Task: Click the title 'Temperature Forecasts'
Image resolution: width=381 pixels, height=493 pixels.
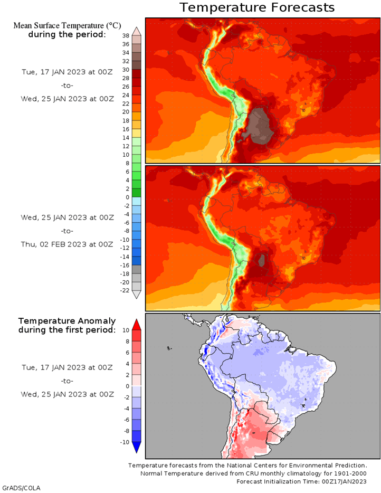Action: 257,7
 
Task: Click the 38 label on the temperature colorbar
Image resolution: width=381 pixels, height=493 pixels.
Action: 126,36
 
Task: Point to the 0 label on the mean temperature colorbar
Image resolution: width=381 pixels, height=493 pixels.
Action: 127,197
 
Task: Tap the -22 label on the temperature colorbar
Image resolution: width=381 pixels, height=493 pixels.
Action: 125,290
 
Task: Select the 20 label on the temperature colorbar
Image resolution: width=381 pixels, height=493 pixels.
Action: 126,112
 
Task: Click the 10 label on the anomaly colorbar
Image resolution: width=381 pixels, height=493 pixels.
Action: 126,330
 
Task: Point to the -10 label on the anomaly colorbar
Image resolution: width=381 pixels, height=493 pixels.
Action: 125,442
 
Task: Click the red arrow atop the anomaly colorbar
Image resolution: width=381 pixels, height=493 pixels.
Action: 136,325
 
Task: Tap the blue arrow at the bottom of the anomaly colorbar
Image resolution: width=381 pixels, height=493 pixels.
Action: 136,448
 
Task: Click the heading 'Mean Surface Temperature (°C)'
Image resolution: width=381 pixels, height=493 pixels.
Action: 67,26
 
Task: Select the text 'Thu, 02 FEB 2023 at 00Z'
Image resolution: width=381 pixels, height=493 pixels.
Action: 67,244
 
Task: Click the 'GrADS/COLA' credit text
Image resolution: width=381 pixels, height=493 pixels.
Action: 22,488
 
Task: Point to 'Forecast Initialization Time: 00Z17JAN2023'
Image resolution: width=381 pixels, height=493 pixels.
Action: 301,481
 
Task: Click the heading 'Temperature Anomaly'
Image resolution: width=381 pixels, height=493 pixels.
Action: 67,321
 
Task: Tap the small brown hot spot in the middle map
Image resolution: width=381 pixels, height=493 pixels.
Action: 261,261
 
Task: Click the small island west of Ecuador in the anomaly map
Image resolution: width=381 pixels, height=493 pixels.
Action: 169,348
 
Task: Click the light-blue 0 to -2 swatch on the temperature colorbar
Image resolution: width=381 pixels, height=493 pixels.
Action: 137,202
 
